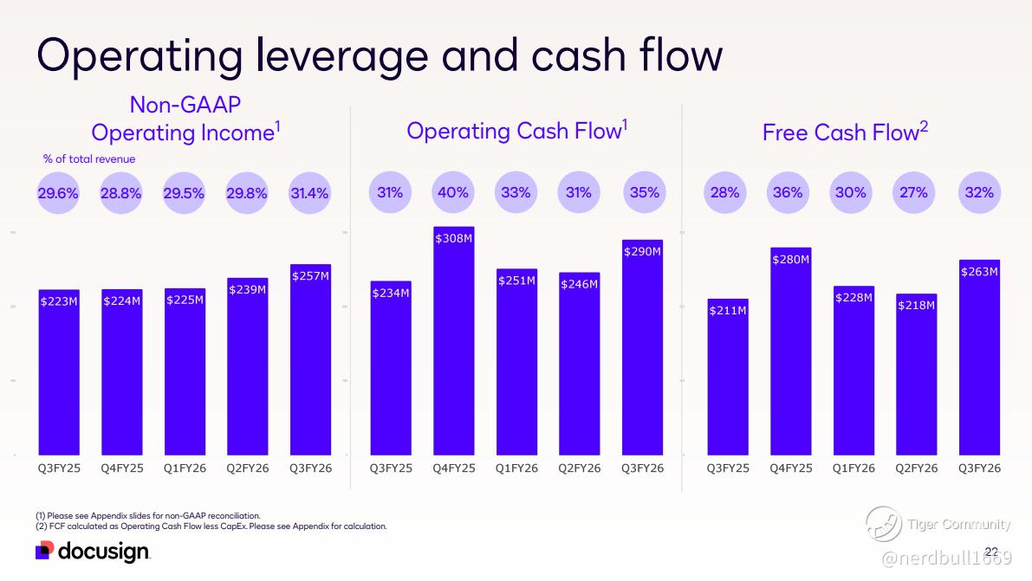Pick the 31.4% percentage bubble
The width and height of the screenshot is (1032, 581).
(x=309, y=193)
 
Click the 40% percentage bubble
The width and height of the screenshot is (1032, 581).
(x=453, y=193)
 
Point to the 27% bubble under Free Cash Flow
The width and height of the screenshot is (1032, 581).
(x=914, y=193)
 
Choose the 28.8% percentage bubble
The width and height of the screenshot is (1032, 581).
(x=121, y=193)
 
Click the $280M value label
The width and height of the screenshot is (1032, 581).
(x=790, y=258)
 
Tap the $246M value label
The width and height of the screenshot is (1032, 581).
(x=579, y=283)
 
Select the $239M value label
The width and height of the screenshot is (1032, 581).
(x=247, y=289)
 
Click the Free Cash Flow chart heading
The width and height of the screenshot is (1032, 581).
(x=845, y=132)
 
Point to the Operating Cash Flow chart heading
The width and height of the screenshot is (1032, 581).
(x=516, y=131)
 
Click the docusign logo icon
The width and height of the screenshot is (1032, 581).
(x=45, y=551)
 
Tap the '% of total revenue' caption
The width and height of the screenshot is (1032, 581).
(x=89, y=159)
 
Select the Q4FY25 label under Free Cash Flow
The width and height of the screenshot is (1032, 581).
(x=790, y=468)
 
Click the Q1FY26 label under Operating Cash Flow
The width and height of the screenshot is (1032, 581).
(x=516, y=468)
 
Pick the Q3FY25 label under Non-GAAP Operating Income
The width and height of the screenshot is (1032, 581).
(x=59, y=468)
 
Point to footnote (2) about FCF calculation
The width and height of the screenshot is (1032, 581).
(x=211, y=526)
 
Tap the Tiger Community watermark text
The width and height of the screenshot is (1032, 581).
(x=958, y=524)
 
